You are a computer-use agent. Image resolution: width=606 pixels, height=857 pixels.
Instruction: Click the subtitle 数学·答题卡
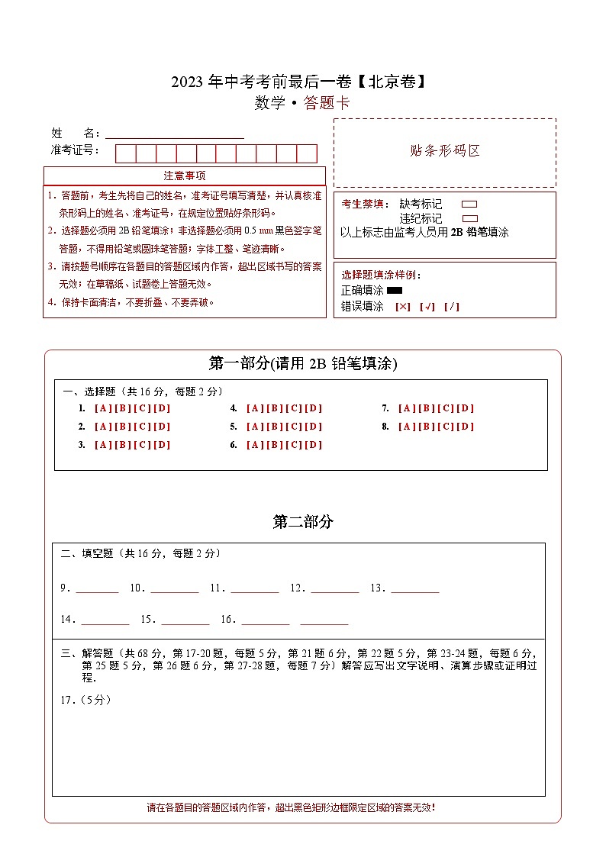click(x=302, y=103)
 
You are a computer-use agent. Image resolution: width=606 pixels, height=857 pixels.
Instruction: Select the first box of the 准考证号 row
click(x=126, y=153)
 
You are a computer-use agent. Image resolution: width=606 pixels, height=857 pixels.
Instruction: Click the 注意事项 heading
click(x=184, y=176)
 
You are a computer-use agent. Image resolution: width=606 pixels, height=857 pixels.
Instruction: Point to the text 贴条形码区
click(x=445, y=150)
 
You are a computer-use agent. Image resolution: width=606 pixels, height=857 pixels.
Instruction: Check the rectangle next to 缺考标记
click(x=469, y=205)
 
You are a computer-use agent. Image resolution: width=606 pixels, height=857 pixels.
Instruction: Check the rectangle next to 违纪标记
click(x=469, y=218)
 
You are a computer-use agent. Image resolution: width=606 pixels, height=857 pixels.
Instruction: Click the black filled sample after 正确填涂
click(x=395, y=291)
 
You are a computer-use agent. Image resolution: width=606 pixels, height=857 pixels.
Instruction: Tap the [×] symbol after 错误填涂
click(x=402, y=307)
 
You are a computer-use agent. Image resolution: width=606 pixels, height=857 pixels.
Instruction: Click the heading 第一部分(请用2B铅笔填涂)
click(x=302, y=364)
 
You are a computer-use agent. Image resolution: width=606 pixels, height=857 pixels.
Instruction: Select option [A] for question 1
click(x=102, y=408)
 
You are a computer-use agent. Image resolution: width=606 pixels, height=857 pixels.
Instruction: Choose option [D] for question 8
click(x=466, y=427)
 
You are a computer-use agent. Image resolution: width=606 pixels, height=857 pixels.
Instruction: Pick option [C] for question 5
click(x=294, y=427)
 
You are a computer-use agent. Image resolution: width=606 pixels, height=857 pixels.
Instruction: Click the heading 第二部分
click(x=303, y=522)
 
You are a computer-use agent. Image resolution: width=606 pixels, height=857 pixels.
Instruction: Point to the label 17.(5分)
click(x=85, y=700)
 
